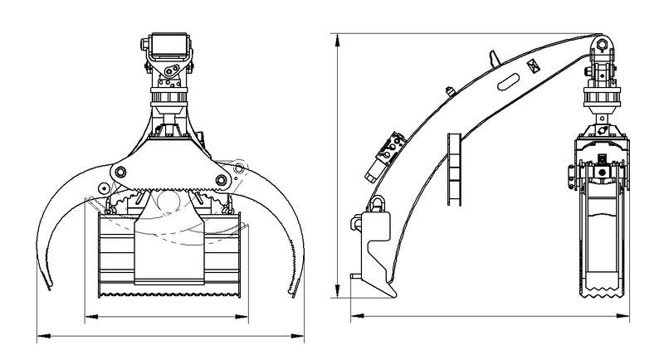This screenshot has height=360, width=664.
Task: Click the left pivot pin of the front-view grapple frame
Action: [x=119, y=171]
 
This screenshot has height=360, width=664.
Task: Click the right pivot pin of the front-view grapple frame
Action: [x=221, y=180]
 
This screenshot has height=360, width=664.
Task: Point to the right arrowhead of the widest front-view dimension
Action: [x=302, y=335]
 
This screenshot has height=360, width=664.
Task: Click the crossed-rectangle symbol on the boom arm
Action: [x=533, y=64]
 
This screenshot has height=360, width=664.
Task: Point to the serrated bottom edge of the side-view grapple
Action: [x=601, y=293]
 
